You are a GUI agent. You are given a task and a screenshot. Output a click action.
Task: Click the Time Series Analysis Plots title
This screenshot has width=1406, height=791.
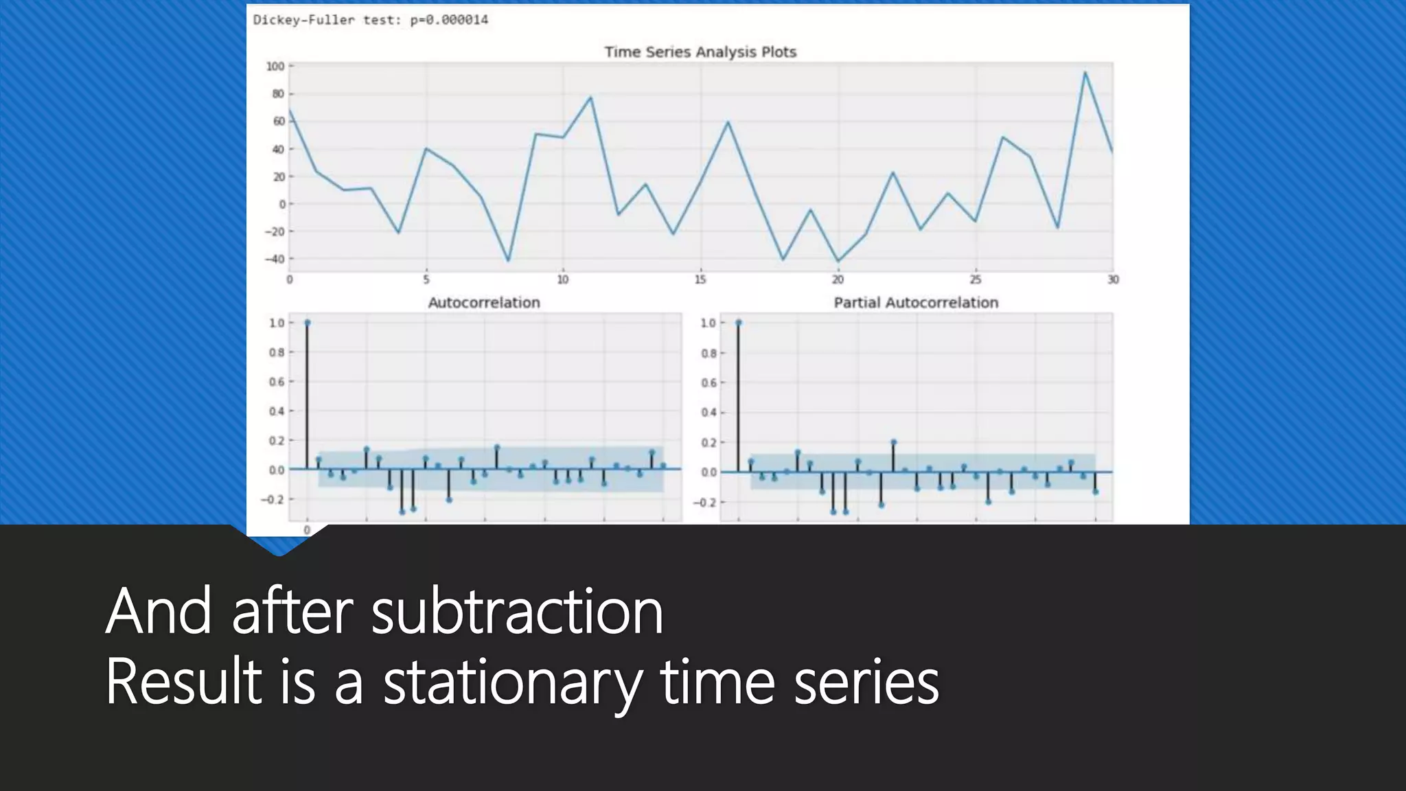(x=700, y=52)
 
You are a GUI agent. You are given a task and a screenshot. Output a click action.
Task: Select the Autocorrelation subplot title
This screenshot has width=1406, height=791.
(x=484, y=303)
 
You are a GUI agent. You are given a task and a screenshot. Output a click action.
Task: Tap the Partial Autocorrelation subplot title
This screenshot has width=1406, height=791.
(x=915, y=303)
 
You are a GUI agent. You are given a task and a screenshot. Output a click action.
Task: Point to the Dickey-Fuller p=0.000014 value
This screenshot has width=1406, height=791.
(x=449, y=20)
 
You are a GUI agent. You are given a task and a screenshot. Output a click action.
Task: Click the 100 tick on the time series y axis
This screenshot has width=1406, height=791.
(x=275, y=67)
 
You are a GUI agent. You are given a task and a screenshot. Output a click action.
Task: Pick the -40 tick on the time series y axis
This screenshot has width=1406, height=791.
(x=275, y=260)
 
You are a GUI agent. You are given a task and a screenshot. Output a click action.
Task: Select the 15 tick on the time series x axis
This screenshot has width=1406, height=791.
(x=700, y=279)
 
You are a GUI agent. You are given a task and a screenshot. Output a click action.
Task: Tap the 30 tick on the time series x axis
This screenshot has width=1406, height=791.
(x=1112, y=279)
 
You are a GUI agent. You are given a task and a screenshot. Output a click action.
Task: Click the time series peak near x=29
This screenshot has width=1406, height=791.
(x=1085, y=72)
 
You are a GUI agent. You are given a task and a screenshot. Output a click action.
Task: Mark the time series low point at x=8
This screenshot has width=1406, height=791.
(x=508, y=260)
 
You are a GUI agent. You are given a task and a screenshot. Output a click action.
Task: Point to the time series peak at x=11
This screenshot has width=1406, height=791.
(x=590, y=98)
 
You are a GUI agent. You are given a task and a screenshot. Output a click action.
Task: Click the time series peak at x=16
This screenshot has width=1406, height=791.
(x=728, y=122)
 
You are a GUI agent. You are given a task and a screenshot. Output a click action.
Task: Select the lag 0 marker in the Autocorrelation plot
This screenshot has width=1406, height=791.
(x=307, y=322)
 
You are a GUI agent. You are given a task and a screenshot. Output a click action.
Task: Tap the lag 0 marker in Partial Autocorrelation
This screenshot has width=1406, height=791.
(x=738, y=322)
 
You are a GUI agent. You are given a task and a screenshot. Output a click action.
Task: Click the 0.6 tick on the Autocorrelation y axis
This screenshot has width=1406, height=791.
(x=276, y=382)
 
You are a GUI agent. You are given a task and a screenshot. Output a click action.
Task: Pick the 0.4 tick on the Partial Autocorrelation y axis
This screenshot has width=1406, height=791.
(x=708, y=413)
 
